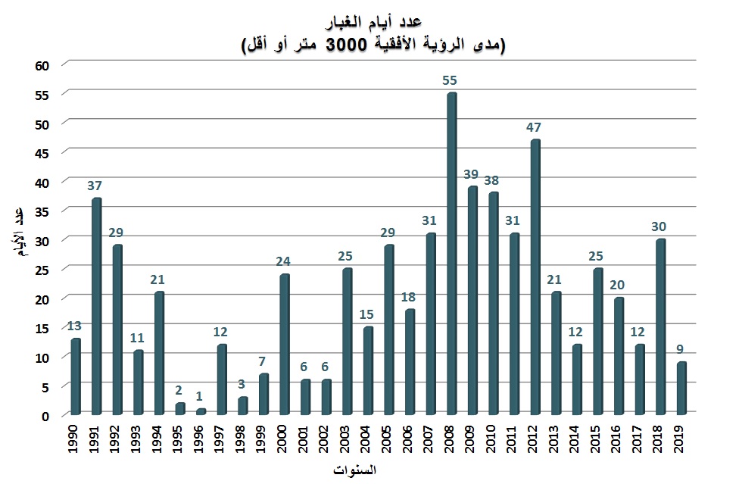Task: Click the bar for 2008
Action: [x=452, y=254]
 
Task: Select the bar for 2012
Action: [x=535, y=277]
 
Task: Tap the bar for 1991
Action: [x=96, y=306]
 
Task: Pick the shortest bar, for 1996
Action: [x=201, y=412]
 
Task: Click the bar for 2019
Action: [x=681, y=389]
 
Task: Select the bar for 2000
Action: [x=284, y=345]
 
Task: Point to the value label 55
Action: [x=450, y=80]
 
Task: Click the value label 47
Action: [x=534, y=126]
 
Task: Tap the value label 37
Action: [x=95, y=186]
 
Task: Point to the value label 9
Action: [x=681, y=349]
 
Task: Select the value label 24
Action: [x=283, y=261]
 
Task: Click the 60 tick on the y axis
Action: [x=42, y=65]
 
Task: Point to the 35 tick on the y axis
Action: [x=42, y=211]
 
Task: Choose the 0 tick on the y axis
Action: [x=46, y=416]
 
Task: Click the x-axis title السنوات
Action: [x=354, y=470]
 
